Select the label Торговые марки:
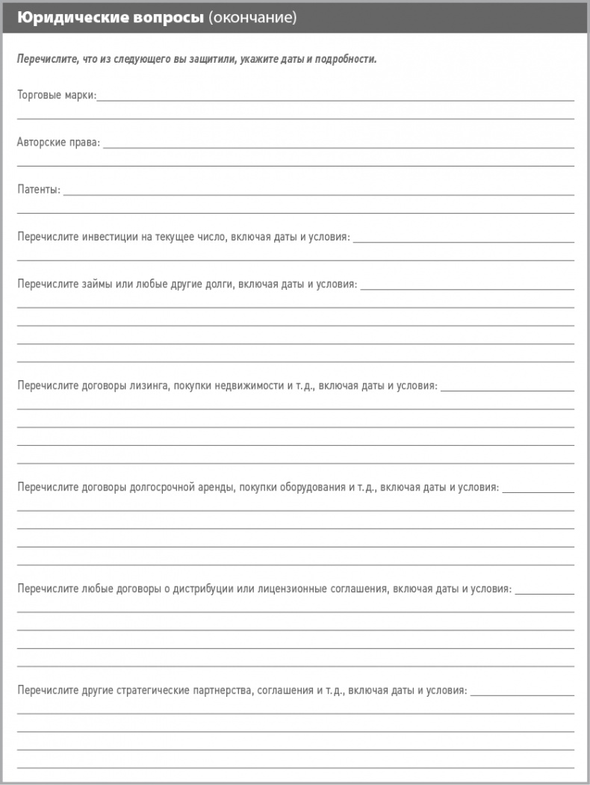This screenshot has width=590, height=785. (x=57, y=95)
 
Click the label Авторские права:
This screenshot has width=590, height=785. (x=58, y=142)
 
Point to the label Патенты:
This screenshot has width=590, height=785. (x=39, y=190)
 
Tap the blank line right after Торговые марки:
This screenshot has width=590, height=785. (x=336, y=99)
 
